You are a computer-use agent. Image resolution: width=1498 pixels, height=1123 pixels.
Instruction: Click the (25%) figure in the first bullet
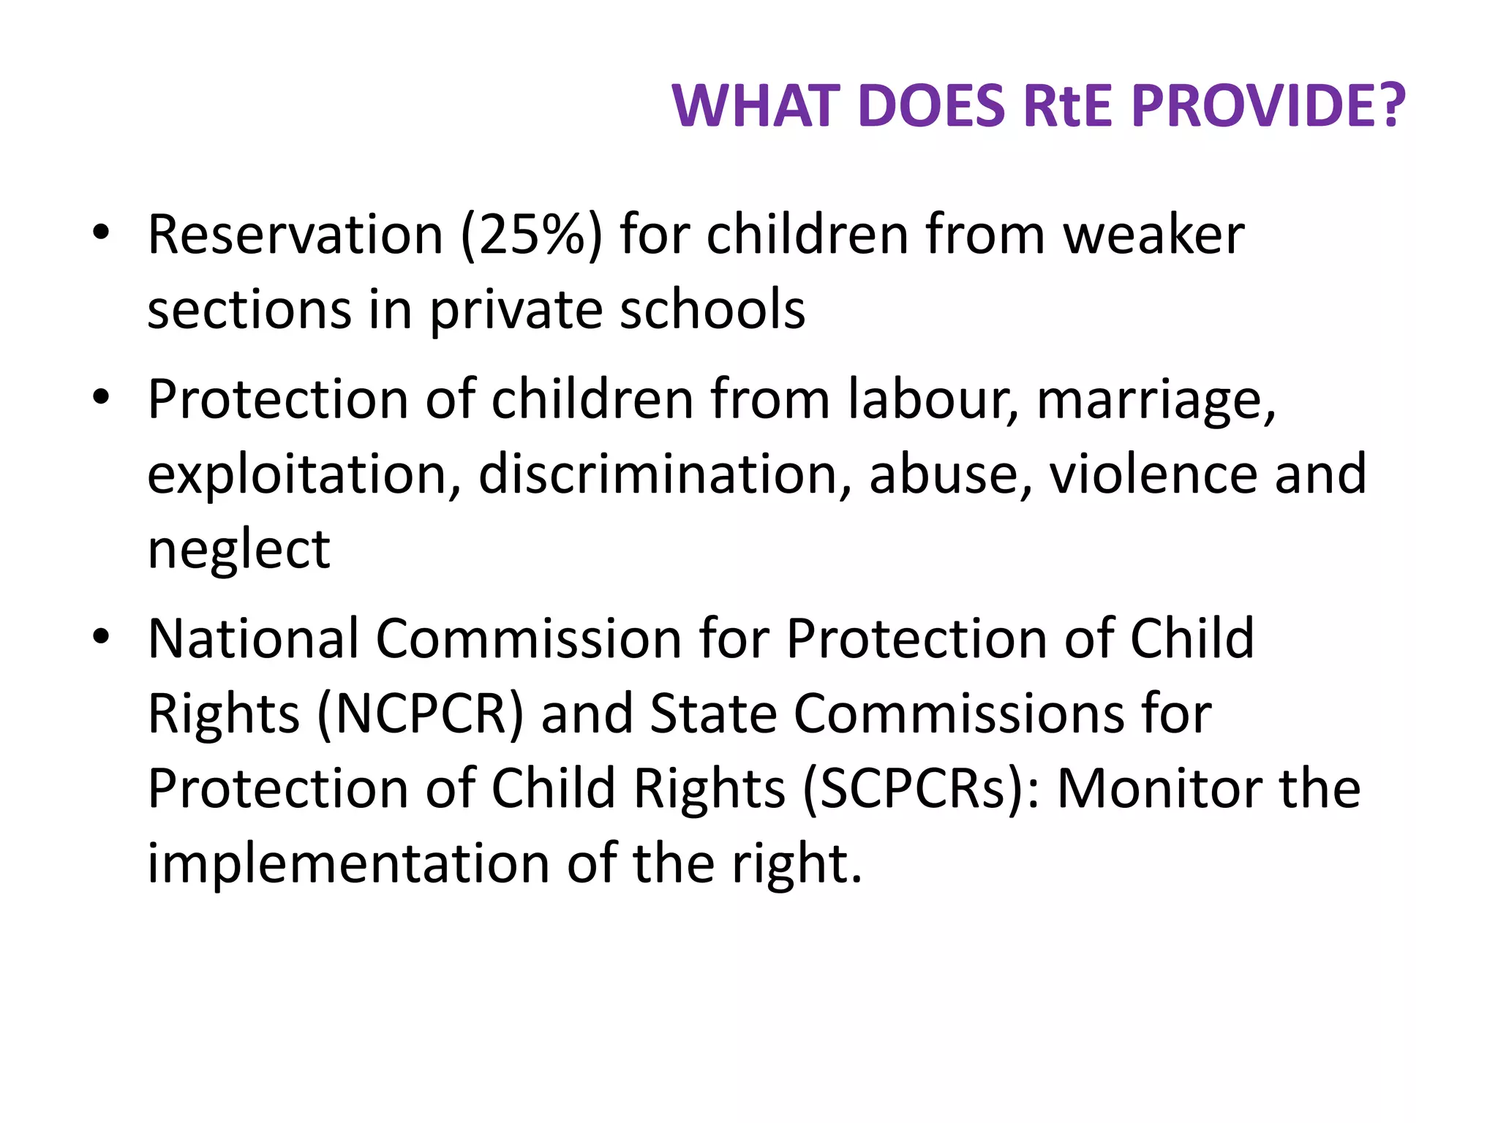[532, 235]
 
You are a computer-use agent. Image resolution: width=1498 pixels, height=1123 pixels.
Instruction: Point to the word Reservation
[296, 235]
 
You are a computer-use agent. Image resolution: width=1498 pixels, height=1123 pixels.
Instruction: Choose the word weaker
[1153, 235]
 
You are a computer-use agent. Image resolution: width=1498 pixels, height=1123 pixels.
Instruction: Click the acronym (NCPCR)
[421, 714]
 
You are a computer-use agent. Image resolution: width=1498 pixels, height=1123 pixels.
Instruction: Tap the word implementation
[348, 865]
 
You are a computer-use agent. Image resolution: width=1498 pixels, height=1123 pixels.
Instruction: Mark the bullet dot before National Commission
[101, 637]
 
